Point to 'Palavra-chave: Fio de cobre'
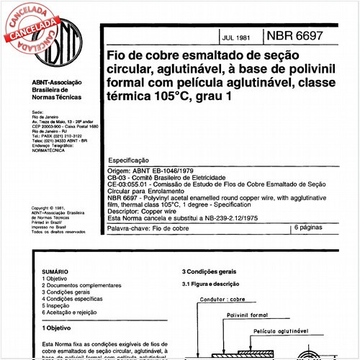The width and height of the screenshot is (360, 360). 148,228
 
